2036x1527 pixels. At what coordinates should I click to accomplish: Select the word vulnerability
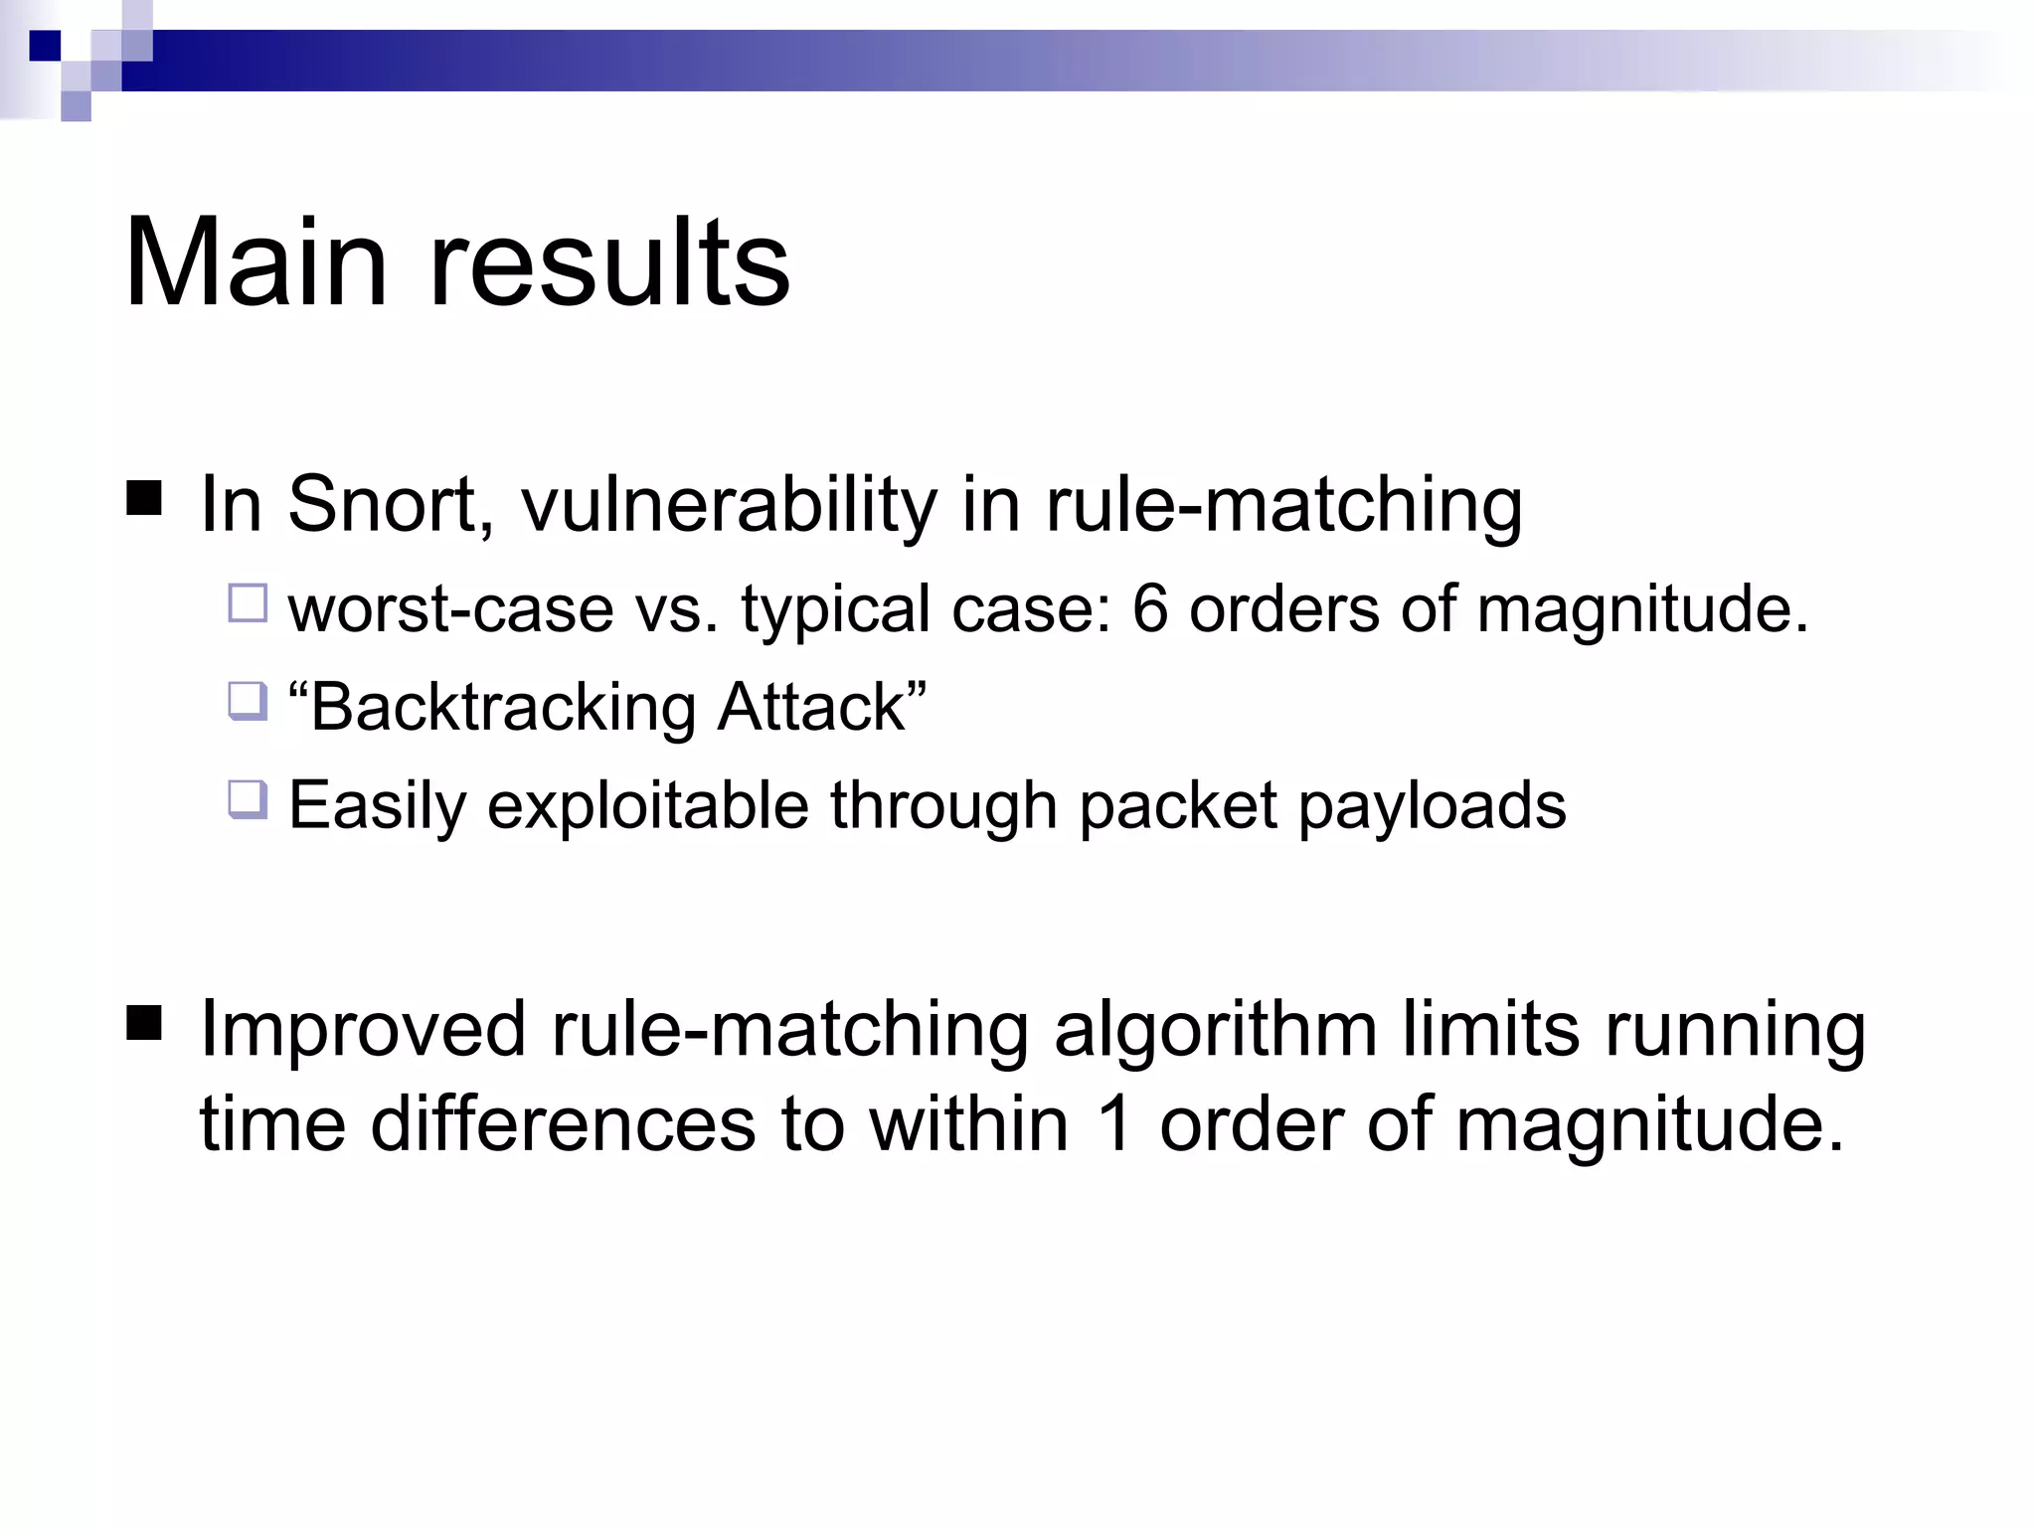click(x=729, y=504)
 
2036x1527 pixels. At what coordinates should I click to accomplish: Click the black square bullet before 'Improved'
click(x=144, y=1021)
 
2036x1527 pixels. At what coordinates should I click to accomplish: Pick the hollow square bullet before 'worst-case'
click(x=248, y=603)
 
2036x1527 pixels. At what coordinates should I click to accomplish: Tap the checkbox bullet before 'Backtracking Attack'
click(x=248, y=701)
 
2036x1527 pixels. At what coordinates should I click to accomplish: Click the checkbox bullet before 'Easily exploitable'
click(x=248, y=799)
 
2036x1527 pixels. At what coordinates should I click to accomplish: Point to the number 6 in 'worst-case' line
click(x=1149, y=607)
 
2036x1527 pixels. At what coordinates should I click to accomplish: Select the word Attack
click(x=811, y=707)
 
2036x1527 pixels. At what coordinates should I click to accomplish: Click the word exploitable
click(x=648, y=804)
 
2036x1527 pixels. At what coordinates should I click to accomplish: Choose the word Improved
click(x=363, y=1029)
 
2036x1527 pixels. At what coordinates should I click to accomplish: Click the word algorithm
click(x=1215, y=1029)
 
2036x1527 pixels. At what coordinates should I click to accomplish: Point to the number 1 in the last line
click(x=1114, y=1124)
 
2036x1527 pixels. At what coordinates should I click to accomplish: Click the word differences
click(x=563, y=1124)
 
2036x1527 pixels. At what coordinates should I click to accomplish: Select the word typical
click(x=835, y=607)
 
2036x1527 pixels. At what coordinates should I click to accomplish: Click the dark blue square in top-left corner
click(x=46, y=46)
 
